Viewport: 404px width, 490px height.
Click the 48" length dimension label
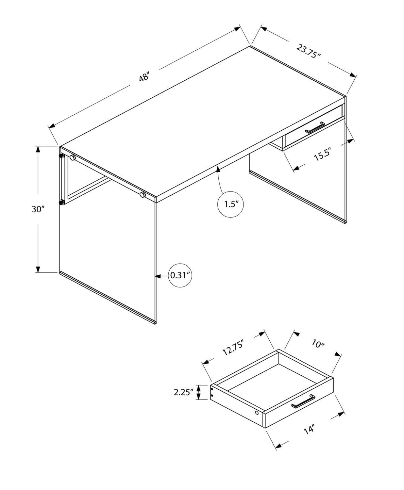(x=144, y=78)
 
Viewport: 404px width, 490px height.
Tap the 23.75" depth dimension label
(x=308, y=51)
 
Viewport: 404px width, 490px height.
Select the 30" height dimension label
(x=38, y=209)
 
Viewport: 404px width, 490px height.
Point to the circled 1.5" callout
(x=230, y=204)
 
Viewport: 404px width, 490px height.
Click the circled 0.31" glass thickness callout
(x=180, y=275)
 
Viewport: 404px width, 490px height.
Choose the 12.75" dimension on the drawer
(x=233, y=347)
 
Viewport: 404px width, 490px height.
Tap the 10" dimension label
(x=318, y=344)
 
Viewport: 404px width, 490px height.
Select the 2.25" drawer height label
(x=184, y=392)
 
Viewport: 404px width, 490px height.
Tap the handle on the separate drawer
(x=303, y=401)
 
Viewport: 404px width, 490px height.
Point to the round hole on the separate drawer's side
(x=257, y=413)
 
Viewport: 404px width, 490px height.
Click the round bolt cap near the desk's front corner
(x=142, y=195)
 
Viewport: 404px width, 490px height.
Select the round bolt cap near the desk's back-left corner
(x=73, y=158)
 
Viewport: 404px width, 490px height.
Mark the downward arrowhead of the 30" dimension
(x=38, y=269)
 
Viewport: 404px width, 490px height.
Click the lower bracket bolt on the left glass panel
(x=61, y=203)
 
